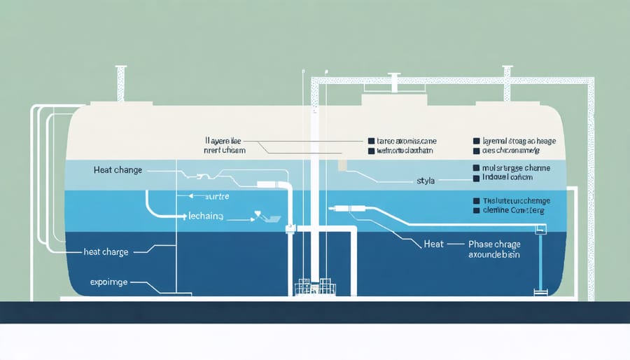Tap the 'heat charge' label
[x=106, y=251]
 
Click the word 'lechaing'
[x=205, y=217]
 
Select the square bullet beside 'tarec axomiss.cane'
[x=371, y=140]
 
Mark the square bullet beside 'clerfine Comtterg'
[x=477, y=209]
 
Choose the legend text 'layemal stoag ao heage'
[x=519, y=141]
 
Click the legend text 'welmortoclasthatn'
[x=405, y=151]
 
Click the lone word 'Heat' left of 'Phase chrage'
[x=434, y=244]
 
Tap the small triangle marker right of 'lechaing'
[x=258, y=214]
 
